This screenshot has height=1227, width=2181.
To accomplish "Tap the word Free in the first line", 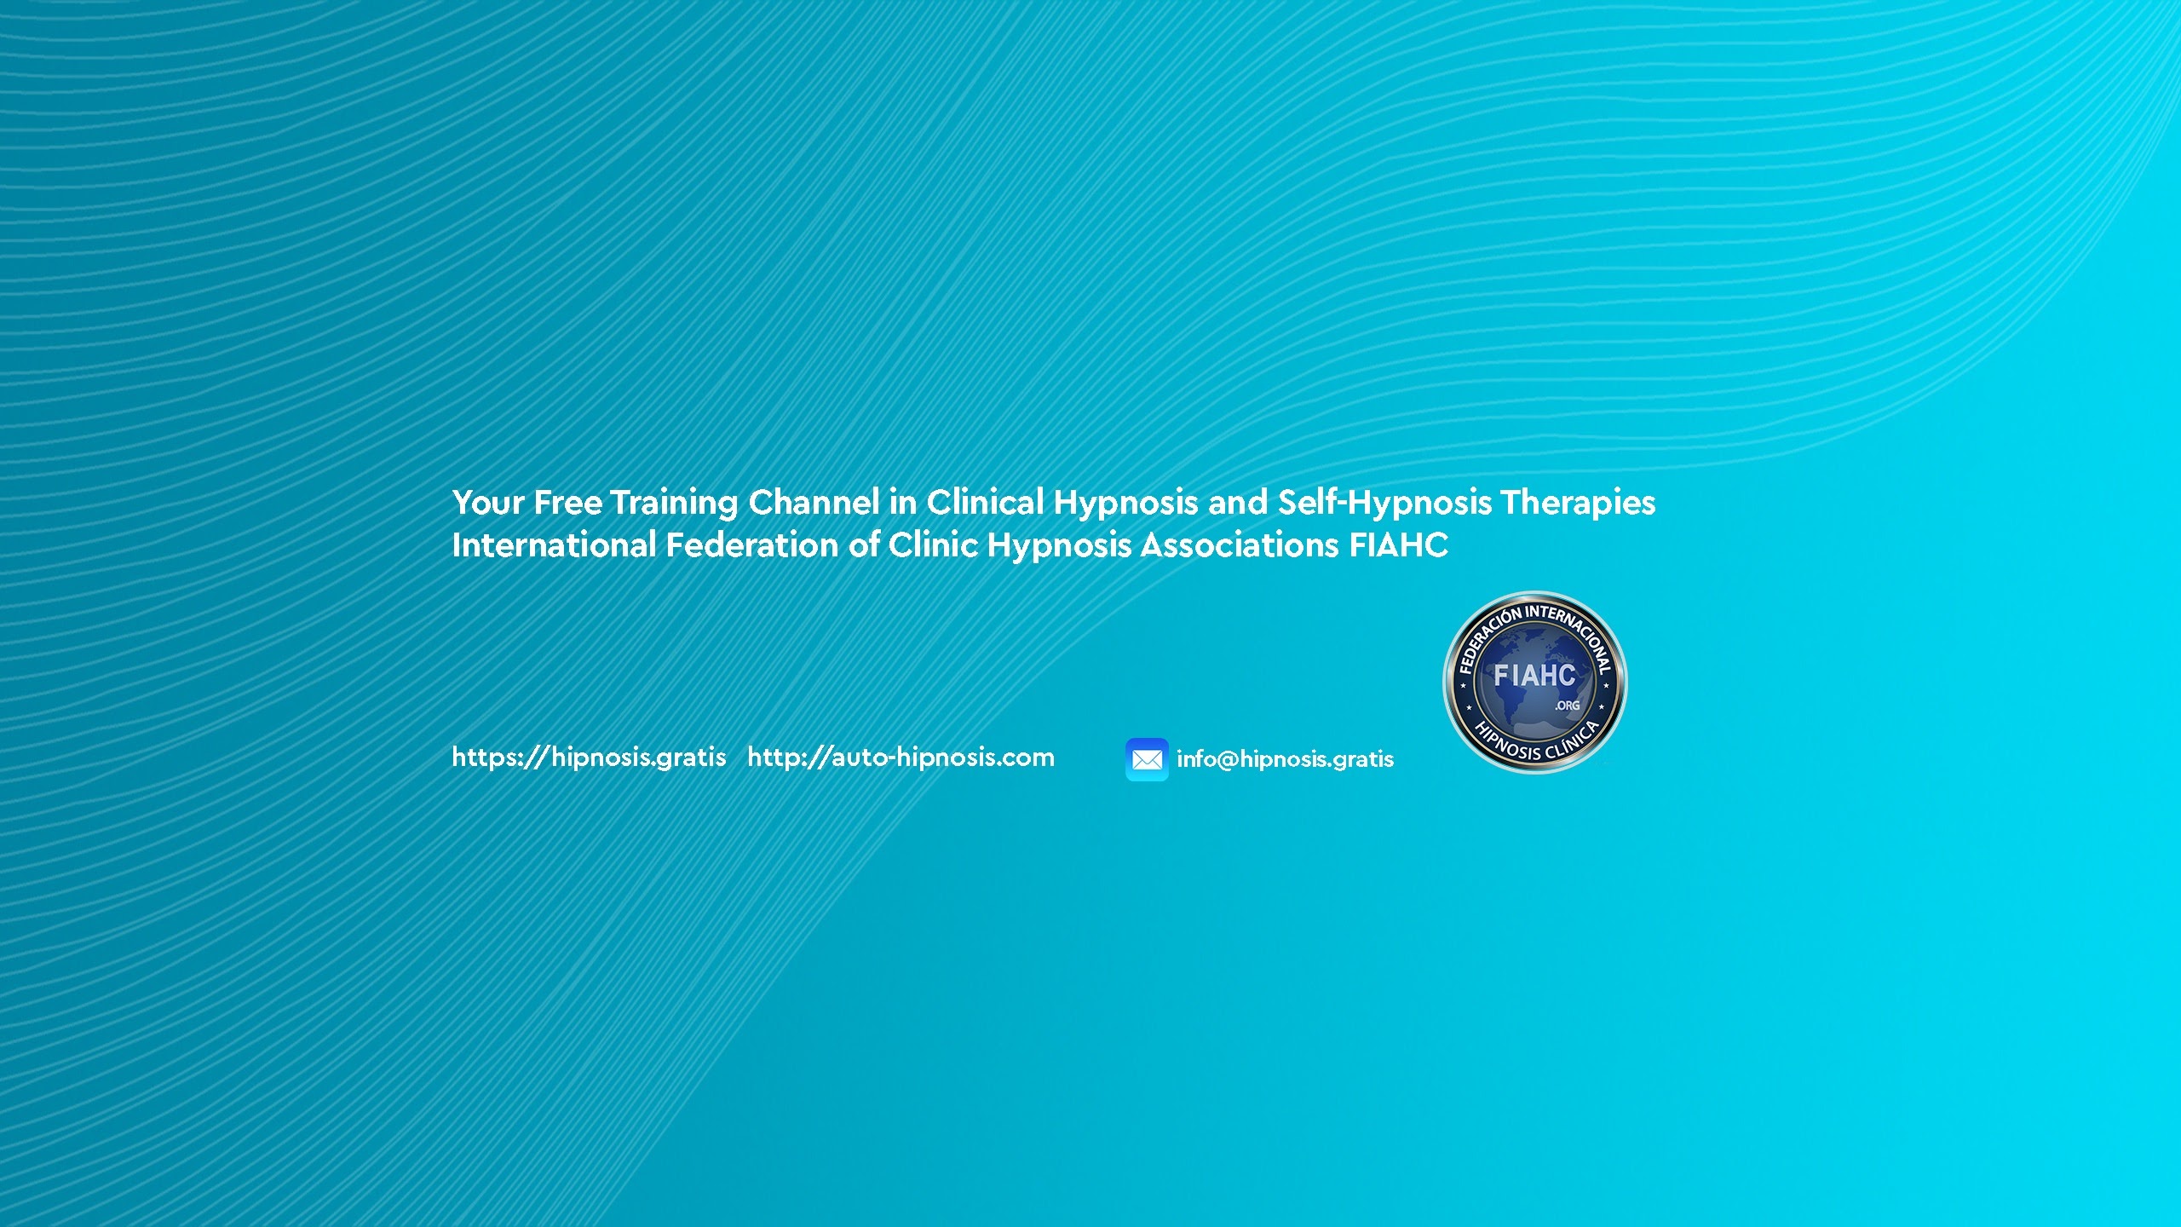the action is pos(568,503).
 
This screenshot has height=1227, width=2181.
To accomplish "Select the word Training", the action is pos(674,504).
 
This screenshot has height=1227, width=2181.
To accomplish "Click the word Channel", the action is pos(814,503).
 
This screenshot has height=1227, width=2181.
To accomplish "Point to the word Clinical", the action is pos(985,503).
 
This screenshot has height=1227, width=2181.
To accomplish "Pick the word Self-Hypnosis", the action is pos(1384,504).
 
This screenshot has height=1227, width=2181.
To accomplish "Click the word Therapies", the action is pos(1579,504).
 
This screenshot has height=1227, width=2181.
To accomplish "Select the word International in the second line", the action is pos(554,545).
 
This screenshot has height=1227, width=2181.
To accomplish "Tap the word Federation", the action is pos(752,545).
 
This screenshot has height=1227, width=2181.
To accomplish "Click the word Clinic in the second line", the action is pos(933,545).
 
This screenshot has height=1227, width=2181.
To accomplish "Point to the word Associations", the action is pos(1240,545).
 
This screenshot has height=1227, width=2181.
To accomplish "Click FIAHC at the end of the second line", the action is pos(1399,545).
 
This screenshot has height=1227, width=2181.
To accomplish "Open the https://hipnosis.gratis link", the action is pos(589,758).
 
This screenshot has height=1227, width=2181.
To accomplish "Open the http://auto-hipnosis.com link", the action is pos(901,758).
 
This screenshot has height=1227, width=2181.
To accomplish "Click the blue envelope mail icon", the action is pos(1147,759).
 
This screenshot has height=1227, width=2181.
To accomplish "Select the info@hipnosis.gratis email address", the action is pos(1285,759).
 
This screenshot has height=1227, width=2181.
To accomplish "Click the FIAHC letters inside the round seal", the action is pos(1534,676).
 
